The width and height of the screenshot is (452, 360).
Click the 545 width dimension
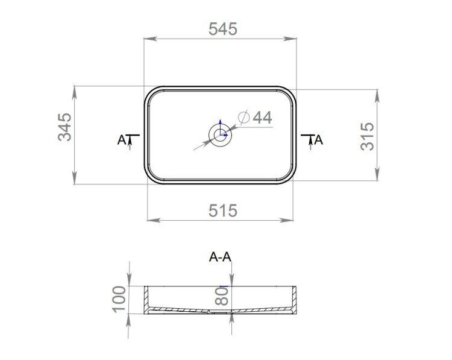click(223, 29)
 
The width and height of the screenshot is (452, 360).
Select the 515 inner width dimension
click(223, 210)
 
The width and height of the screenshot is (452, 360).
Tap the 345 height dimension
click(64, 127)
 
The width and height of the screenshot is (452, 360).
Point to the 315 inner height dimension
click(367, 136)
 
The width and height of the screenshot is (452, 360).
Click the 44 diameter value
click(262, 118)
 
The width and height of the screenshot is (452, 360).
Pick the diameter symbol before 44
click(243, 117)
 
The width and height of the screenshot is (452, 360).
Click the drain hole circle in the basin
click(220, 134)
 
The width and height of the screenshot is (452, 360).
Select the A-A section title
click(220, 256)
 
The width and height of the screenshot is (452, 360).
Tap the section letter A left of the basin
click(122, 140)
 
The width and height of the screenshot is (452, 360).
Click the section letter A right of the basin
click(319, 140)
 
